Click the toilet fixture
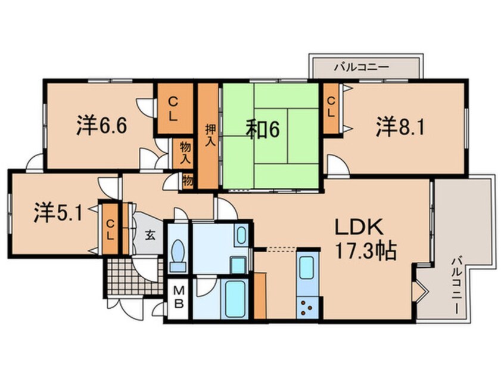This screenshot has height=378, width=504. point(178,254)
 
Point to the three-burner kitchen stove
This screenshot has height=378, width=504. point(309,308)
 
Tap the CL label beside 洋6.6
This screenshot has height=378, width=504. point(172,109)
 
